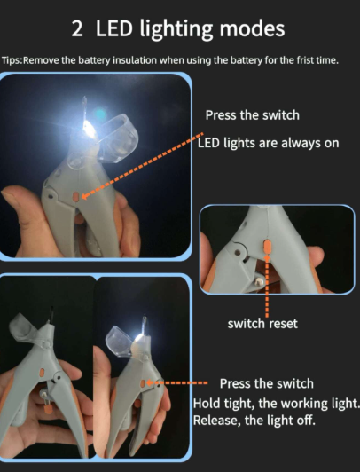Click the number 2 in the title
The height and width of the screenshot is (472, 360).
pos(77,29)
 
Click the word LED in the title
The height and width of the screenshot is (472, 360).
pos(119,29)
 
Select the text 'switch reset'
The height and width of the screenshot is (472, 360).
pos(262,324)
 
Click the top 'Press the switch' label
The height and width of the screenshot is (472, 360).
pos(252,115)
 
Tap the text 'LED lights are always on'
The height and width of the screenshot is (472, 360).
pos(268,143)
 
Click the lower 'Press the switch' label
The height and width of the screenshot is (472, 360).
pos(266,383)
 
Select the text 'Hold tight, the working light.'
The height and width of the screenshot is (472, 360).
pos(276,402)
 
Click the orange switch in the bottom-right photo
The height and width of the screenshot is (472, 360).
pos(148,382)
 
